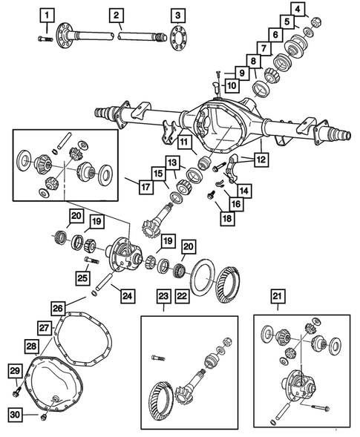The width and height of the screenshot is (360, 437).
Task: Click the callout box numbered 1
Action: tap(47, 16)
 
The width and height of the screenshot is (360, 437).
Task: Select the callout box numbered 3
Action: tap(178, 16)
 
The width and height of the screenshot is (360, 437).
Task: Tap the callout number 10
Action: tap(232, 85)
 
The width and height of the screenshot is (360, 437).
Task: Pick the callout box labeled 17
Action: tap(145, 187)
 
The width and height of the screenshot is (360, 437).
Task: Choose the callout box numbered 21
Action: tap(278, 296)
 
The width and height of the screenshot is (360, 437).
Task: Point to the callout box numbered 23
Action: tap(164, 296)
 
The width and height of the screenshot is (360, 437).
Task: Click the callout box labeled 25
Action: tap(82, 278)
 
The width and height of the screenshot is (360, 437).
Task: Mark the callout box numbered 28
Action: tap(31, 346)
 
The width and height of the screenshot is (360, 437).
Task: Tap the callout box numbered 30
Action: tap(16, 415)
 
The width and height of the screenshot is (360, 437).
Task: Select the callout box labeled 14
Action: tap(244, 191)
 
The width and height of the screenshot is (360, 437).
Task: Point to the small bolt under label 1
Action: tap(45, 39)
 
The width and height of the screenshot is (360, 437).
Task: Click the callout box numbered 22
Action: tap(182, 296)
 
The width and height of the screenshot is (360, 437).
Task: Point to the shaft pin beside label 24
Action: tap(104, 283)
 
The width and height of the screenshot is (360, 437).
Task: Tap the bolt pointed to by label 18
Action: tap(211, 194)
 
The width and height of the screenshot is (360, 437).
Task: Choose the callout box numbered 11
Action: tap(184, 142)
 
